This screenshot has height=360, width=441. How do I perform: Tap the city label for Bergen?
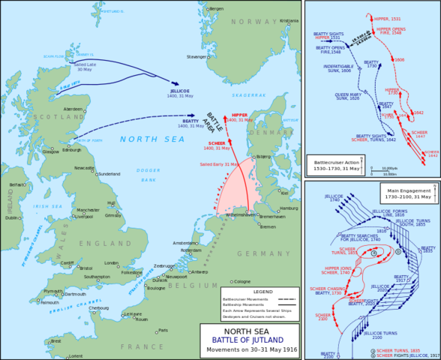click(217, 8)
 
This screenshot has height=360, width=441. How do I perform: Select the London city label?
click(112, 263)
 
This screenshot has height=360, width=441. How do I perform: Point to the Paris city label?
click(163, 330)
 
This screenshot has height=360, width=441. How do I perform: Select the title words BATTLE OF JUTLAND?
click(249, 338)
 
